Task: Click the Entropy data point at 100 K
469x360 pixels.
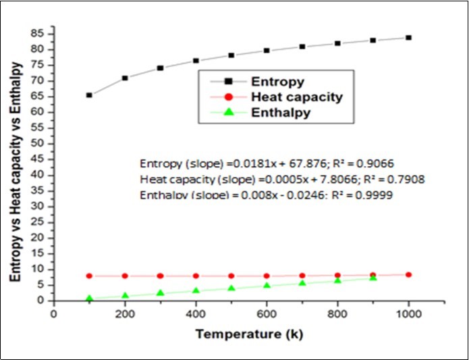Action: [x=89, y=95]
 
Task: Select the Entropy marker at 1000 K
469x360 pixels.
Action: [x=408, y=38]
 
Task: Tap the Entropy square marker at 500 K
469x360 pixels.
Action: [x=231, y=55]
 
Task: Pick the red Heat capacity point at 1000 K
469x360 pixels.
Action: [x=408, y=275]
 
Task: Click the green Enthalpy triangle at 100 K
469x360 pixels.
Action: [x=89, y=298]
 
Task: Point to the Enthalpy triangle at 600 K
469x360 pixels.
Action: [x=267, y=285]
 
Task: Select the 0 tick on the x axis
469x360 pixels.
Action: [x=53, y=313]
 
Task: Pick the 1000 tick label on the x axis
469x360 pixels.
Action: [x=408, y=313]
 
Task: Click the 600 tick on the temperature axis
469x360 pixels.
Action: [x=267, y=313]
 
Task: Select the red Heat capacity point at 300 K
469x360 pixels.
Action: [x=160, y=276]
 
